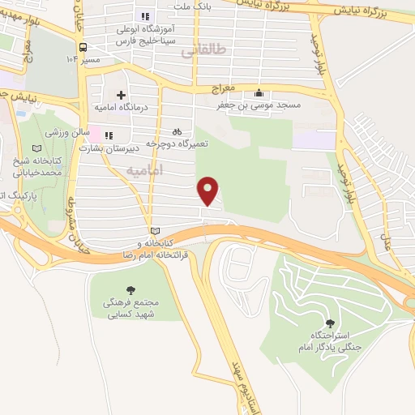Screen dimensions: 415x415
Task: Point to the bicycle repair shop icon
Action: (178, 131)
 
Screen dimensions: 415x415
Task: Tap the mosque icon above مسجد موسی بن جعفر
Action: (259, 92)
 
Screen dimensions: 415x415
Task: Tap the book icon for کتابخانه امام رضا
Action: (155, 230)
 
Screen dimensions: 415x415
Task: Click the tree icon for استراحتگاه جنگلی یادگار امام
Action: (330, 323)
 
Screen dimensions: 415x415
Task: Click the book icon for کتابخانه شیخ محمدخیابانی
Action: (34, 149)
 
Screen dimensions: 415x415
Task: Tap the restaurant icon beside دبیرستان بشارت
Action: (109, 135)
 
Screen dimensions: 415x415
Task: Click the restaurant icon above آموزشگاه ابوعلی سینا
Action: (145, 16)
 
